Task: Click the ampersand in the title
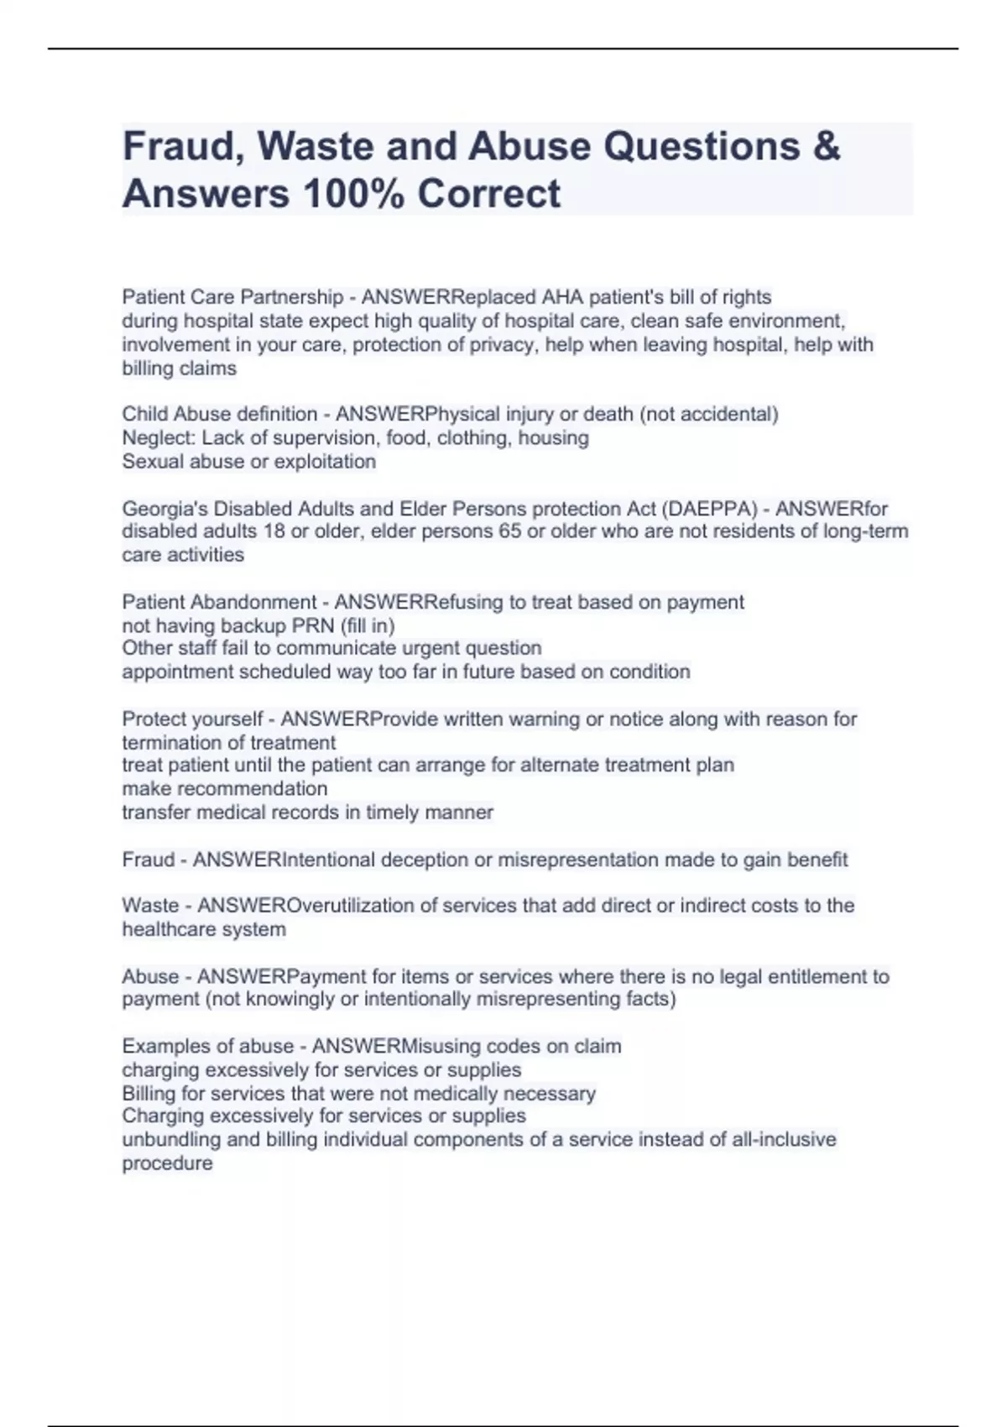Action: coord(826,146)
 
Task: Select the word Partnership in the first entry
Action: coord(291,297)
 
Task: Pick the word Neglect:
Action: coord(159,437)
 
